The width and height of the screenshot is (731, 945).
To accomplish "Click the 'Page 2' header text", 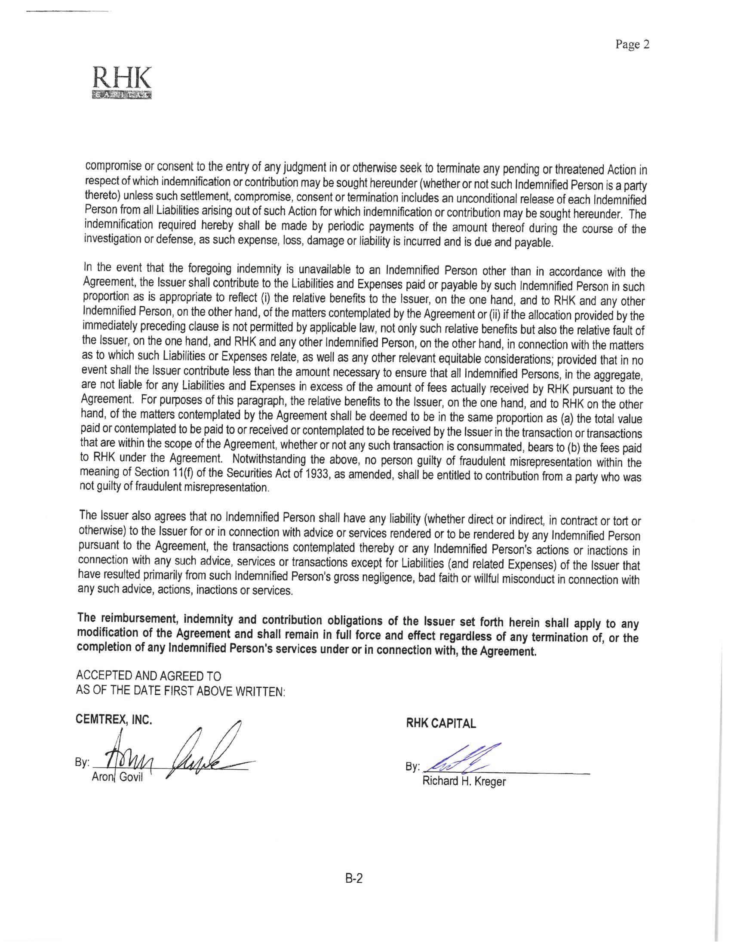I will (632, 45).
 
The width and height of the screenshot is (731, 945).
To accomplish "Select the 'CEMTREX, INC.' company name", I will (114, 719).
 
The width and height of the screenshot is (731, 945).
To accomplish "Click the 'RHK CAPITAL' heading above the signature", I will (441, 723).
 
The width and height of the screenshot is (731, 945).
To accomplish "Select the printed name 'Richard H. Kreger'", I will (464, 781).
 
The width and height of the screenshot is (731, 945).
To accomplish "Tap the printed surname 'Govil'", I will (131, 777).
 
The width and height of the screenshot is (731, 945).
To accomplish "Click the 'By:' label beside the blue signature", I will (412, 767).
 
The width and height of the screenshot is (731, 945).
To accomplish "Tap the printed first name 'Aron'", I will (102, 777).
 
